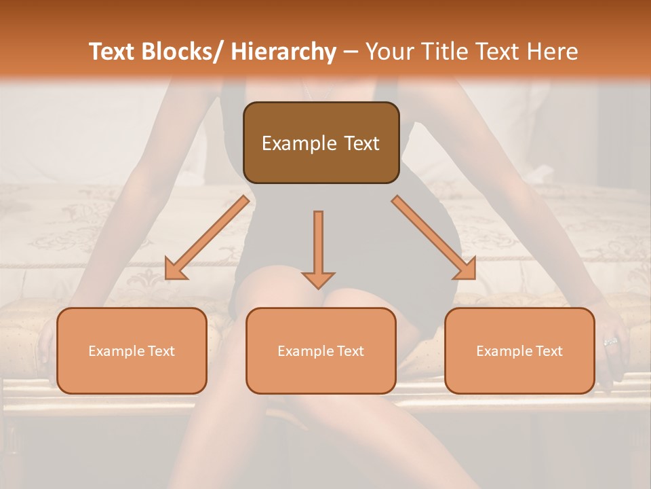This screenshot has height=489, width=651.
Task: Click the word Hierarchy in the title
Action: [283, 52]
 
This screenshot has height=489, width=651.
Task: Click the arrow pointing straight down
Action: [318, 248]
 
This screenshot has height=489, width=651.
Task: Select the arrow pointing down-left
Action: [208, 238]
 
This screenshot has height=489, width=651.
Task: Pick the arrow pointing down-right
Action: [434, 238]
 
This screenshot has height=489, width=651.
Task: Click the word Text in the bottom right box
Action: [549, 351]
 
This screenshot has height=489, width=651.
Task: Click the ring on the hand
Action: [610, 342]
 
